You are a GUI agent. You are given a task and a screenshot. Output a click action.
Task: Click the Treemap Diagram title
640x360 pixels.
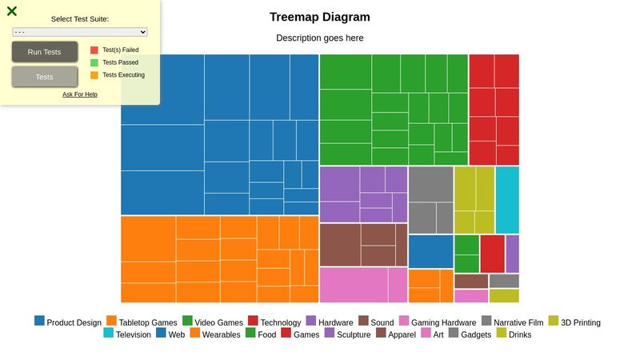coord(319,17)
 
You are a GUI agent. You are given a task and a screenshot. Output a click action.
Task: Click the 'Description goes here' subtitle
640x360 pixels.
coord(319,38)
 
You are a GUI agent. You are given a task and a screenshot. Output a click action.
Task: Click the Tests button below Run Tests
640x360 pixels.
coord(45,77)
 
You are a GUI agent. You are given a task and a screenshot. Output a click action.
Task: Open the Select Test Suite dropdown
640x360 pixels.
coord(80,32)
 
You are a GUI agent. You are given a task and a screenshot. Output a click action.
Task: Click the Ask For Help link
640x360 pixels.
coord(80,94)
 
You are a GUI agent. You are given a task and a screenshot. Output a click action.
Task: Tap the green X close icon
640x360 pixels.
coord(12,11)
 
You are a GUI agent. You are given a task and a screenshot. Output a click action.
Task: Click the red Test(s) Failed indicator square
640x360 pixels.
coord(94,50)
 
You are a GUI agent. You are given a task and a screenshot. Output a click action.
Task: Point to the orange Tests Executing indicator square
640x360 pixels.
coord(94,75)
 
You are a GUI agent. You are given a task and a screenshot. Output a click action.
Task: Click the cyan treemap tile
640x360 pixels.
coord(507,200)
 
